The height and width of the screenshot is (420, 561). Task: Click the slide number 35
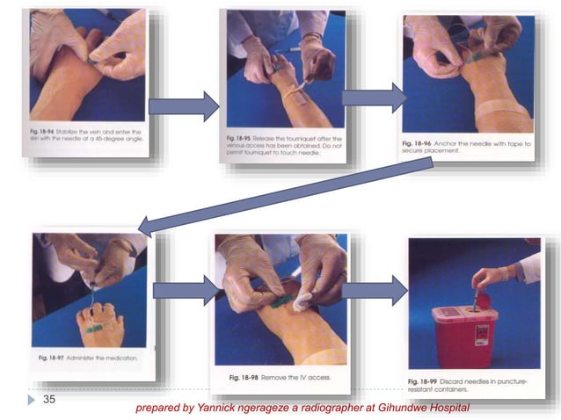pos(49,399)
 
